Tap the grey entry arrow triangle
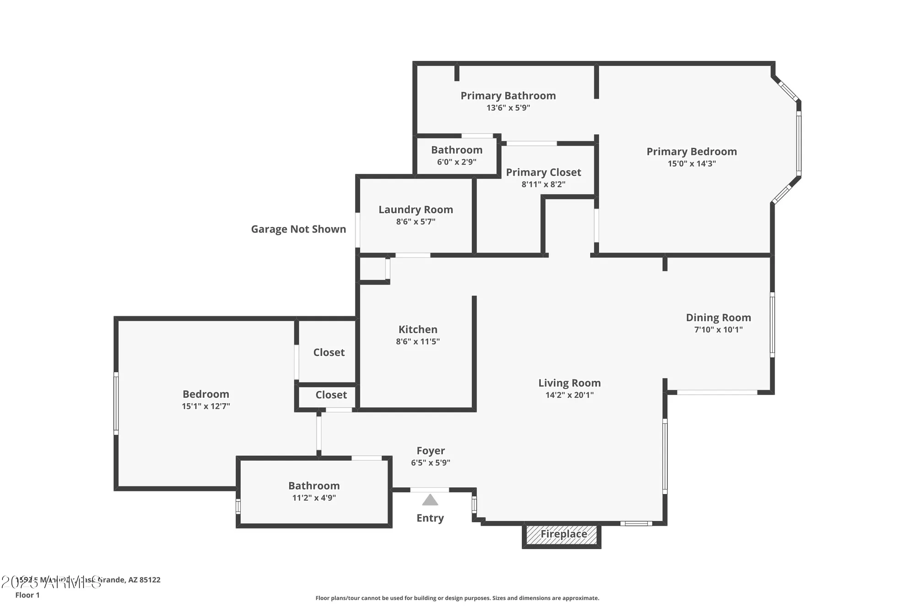[x=430, y=500]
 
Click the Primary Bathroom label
[x=508, y=96]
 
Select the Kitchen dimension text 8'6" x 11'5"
[x=418, y=341]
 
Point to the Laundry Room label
[x=415, y=210]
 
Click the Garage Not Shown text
[x=298, y=229]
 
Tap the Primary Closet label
[x=544, y=173]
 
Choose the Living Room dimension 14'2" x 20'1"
[x=569, y=395]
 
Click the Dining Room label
[x=718, y=318]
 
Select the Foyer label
[x=431, y=451]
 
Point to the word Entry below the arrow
[x=430, y=518]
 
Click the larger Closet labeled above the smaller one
[x=328, y=352]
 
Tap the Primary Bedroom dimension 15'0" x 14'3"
[x=691, y=163]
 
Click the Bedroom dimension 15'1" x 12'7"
[x=206, y=406]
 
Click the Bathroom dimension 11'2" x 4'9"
[x=314, y=498]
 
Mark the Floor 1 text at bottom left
[x=27, y=595]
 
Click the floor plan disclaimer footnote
[x=457, y=598]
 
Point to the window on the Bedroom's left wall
[x=116, y=403]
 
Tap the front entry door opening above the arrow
[x=429, y=490]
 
